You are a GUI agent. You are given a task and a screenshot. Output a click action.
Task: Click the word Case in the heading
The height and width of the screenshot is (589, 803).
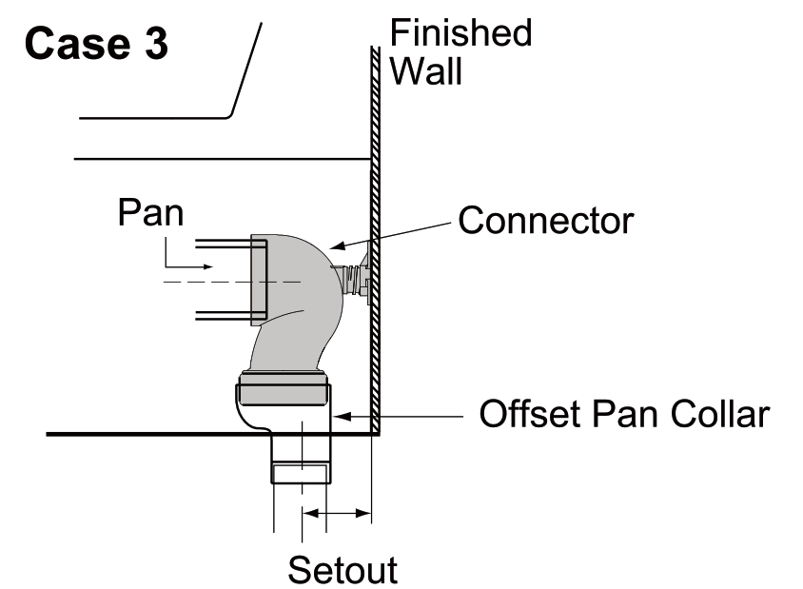(x=74, y=45)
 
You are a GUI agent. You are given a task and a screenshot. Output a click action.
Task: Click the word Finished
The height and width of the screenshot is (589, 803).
(x=461, y=32)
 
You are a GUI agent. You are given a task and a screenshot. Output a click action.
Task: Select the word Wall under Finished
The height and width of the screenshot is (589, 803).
(x=426, y=71)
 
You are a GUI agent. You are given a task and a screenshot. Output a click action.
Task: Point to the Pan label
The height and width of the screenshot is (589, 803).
(x=150, y=212)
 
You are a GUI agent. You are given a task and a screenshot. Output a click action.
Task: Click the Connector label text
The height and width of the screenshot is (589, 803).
(x=545, y=220)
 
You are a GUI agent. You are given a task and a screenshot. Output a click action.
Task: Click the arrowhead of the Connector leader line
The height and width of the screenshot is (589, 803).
(x=336, y=247)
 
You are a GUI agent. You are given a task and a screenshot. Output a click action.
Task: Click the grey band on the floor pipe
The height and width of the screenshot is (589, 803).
(x=302, y=473)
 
